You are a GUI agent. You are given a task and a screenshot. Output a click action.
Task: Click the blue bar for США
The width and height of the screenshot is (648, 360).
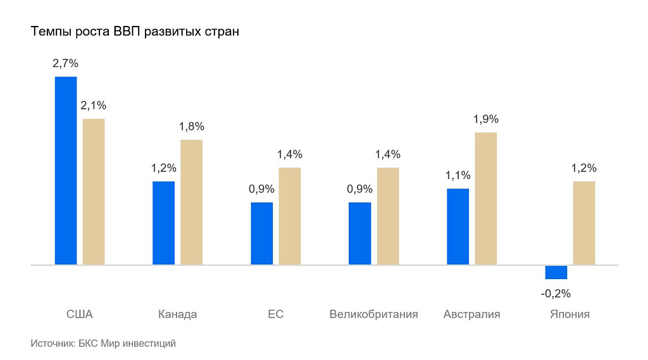click(66, 170)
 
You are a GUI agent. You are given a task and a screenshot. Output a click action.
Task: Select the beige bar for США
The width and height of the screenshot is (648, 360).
click(94, 191)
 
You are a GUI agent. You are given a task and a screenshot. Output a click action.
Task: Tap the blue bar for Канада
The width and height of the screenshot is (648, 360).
click(163, 223)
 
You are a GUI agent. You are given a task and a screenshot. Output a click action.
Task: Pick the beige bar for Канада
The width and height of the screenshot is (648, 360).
click(192, 202)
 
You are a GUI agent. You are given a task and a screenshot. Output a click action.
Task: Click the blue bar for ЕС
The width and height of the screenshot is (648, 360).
click(261, 233)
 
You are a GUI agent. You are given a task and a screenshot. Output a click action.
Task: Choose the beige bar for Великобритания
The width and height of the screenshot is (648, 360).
click(388, 216)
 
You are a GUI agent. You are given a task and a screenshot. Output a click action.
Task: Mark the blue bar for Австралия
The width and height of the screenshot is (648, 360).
click(458, 226)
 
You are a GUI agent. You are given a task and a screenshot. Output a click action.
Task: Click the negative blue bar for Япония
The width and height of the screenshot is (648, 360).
click(556, 272)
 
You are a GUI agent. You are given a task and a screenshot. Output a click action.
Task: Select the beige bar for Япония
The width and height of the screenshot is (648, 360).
click(584, 223)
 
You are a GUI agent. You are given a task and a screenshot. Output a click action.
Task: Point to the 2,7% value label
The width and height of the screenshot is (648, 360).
click(65, 63)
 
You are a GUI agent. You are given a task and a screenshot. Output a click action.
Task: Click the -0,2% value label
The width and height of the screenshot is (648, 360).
click(556, 294)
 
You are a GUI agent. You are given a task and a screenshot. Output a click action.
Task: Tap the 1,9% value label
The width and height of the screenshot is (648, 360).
click(486, 119)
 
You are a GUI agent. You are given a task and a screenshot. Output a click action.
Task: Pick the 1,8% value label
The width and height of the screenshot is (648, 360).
click(192, 127)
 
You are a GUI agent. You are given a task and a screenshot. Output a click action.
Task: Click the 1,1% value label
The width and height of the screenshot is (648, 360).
click(458, 175)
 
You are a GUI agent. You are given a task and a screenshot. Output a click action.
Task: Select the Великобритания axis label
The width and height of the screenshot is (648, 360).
click(373, 314)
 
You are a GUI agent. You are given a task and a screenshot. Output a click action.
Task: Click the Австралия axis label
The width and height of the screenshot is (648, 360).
click(471, 314)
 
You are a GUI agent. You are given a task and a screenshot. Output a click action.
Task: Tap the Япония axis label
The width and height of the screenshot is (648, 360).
click(570, 314)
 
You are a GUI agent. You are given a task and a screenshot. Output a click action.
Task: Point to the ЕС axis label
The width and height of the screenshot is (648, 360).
click(275, 314)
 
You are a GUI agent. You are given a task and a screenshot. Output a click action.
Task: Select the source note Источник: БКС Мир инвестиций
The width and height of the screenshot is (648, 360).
click(103, 344)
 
